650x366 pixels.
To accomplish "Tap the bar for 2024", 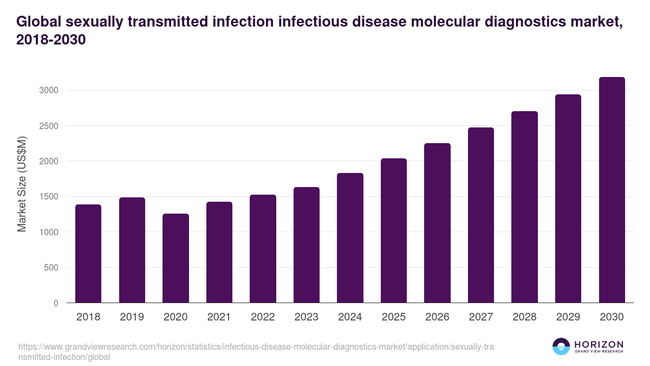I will pos(350,238).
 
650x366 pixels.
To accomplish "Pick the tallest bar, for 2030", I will pos(612,190).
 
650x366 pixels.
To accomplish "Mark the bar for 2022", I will pos(263,249).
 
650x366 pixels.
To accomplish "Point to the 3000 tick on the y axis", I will pos(49,90).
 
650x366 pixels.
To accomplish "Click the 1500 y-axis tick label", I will pos(49,197).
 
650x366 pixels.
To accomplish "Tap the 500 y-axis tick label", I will pos(51,268).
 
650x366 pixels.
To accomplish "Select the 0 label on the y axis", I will pos(55,303).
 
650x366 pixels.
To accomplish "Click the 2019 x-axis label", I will pos(132,317).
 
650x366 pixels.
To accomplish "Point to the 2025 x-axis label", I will pos(394,317).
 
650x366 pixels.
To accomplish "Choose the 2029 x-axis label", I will pos(568,317).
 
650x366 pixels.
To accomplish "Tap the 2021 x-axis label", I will pos(219,317).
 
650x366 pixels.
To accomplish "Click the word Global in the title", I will pos(38,22).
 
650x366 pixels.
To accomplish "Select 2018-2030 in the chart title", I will pos(51,41).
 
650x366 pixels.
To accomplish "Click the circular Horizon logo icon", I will pos(561,346).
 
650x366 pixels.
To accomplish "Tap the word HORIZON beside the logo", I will pos(599,344).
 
